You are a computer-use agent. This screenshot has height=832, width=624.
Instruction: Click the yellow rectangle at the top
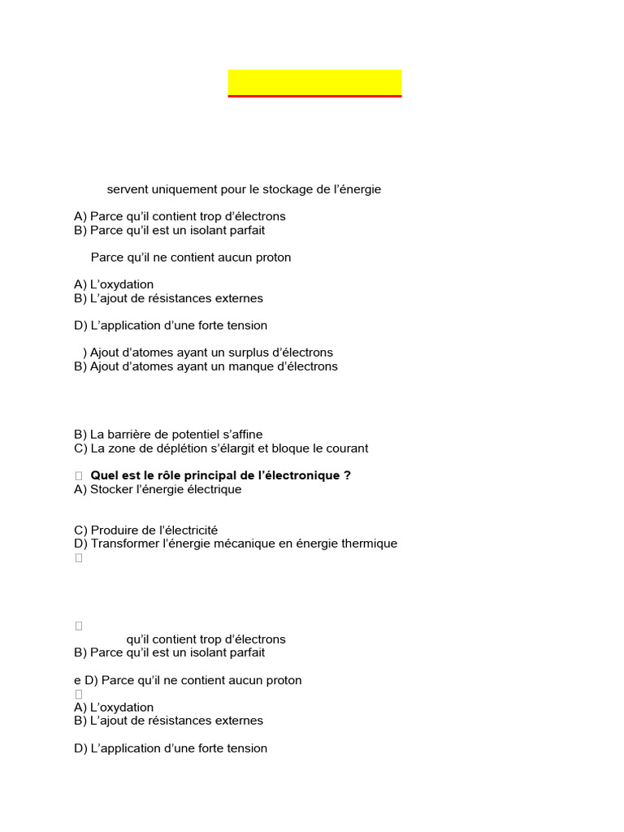tap(314, 82)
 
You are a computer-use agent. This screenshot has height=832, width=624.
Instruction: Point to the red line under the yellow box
tap(314, 97)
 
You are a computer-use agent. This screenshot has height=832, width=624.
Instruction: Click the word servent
tap(128, 189)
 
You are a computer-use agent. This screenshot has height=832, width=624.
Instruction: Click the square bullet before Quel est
tap(79, 475)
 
